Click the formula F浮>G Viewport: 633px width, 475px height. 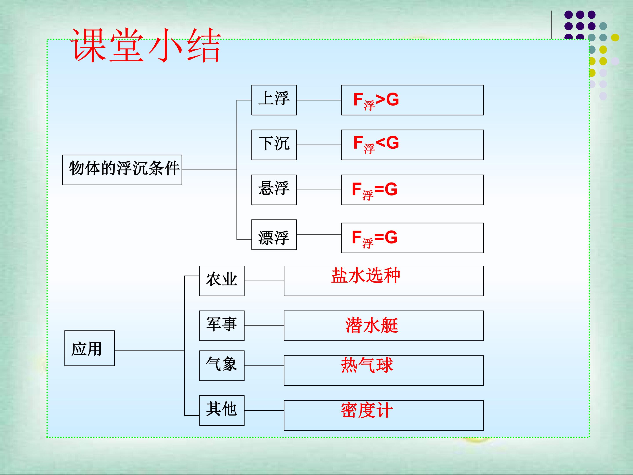pyautogui.click(x=376, y=101)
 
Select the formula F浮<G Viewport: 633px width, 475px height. pyautogui.click(x=376, y=144)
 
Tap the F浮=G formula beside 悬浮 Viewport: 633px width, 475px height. pyautogui.click(x=375, y=191)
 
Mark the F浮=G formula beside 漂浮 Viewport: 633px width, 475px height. pyautogui.click(x=375, y=239)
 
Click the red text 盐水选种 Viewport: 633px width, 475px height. pyautogui.click(x=366, y=276)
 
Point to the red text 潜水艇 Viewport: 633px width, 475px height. pyautogui.click(x=372, y=325)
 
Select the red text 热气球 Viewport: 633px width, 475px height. pyautogui.click(x=367, y=365)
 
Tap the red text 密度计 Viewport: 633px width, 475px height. pyautogui.click(x=367, y=410)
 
